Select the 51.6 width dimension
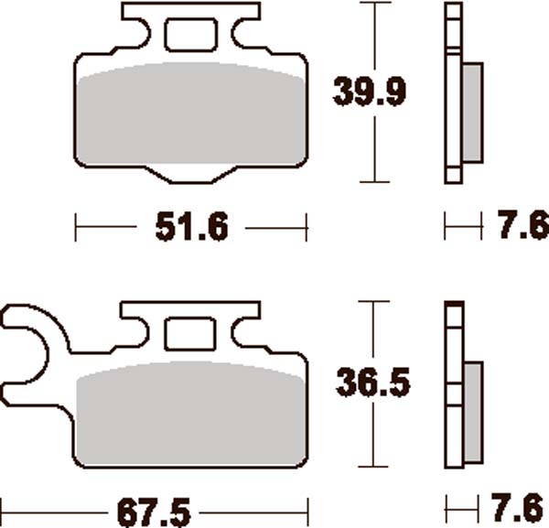pyautogui.click(x=189, y=226)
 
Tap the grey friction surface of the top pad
pyautogui.click(x=189, y=119)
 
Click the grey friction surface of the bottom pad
pyautogui.click(x=189, y=412)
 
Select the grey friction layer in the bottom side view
pyautogui.click(x=472, y=412)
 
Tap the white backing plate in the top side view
pyautogui.click(x=454, y=92)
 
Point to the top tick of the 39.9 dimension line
pyautogui.click(x=371, y=4)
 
